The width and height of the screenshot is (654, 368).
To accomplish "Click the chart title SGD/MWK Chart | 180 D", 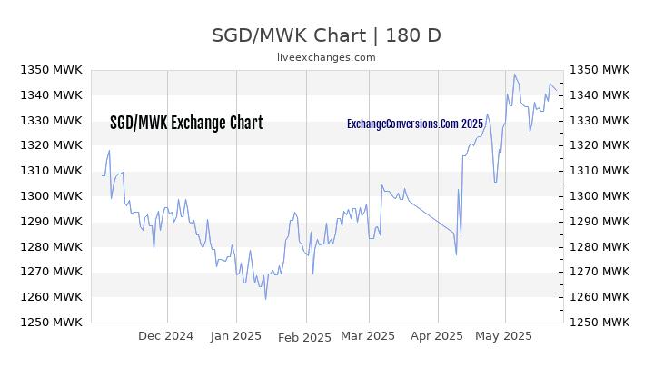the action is [326, 35].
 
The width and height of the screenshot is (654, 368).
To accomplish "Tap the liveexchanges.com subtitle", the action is [326, 57].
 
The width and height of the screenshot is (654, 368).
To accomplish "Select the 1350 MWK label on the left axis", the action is [51, 70].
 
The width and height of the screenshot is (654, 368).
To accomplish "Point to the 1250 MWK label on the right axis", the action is [599, 322].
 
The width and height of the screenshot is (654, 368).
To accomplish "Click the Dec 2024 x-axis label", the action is [165, 336].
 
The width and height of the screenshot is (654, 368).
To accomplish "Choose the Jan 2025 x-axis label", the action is [235, 336].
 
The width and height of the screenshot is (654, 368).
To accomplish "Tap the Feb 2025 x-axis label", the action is [304, 337].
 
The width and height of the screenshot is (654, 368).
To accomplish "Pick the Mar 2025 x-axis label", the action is [368, 336].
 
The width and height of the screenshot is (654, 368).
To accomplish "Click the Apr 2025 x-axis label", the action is [437, 336].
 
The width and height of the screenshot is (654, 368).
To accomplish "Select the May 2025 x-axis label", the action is [503, 336].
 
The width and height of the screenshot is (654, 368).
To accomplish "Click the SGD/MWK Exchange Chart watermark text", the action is [186, 123].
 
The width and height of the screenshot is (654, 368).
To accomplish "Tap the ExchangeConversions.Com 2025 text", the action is [415, 124].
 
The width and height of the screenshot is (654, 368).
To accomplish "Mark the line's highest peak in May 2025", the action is [514, 75].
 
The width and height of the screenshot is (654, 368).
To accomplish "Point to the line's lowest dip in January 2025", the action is [265, 299].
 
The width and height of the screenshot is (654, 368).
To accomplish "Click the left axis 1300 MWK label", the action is [51, 195].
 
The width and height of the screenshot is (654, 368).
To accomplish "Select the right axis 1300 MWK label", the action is [599, 195].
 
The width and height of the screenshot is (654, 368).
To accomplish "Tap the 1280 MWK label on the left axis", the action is [51, 246].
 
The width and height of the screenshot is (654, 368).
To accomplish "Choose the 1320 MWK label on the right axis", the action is [599, 144].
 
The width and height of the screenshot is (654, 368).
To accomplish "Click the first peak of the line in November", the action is [109, 151].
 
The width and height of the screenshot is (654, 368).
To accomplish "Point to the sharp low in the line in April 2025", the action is [456, 255].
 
